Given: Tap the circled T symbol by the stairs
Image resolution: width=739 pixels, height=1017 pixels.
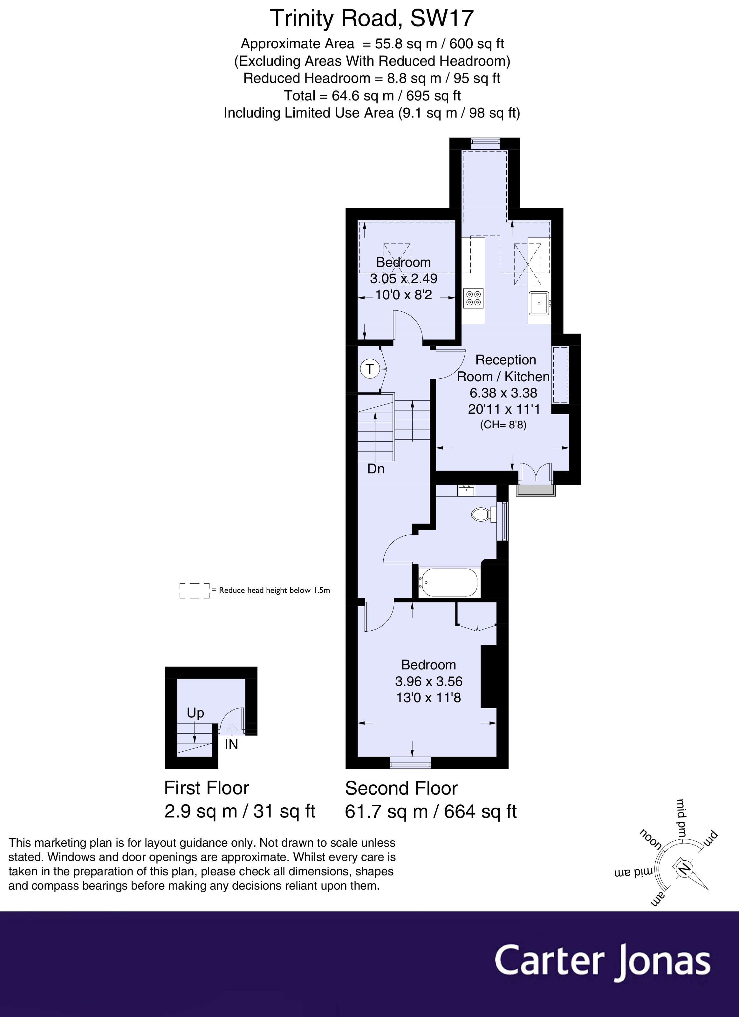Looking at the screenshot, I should click(x=370, y=369).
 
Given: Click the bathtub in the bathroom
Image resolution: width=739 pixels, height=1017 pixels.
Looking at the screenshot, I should click(x=449, y=583).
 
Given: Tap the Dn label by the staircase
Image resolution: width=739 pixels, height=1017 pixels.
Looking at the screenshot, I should click(x=376, y=469).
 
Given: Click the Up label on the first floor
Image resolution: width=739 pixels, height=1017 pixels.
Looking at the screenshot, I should click(x=195, y=713).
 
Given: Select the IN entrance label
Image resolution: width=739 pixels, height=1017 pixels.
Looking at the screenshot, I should click(x=231, y=745).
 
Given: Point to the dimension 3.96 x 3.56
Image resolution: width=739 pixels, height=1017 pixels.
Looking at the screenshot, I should click(x=428, y=681).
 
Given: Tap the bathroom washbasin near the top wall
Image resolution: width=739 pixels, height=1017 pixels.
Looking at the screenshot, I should click(x=467, y=491).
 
